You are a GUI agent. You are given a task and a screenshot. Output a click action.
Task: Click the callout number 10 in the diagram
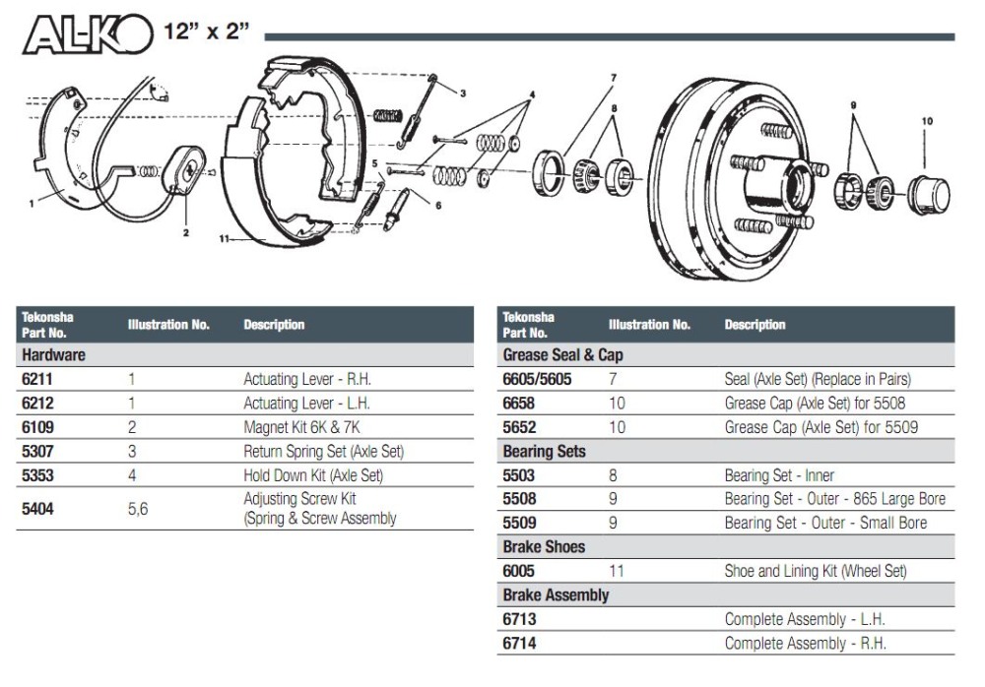click(927, 121)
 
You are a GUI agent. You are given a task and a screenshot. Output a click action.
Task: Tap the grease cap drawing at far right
click(927, 195)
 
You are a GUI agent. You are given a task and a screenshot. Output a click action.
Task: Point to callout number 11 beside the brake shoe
click(224, 238)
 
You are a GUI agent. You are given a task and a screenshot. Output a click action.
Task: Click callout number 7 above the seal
click(613, 78)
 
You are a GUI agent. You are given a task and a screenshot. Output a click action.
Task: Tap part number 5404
click(36, 509)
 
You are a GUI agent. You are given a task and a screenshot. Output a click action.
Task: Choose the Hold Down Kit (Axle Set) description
click(313, 475)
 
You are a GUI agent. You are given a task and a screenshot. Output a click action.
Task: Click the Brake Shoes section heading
click(544, 546)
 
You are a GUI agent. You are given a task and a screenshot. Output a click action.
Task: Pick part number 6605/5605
click(537, 379)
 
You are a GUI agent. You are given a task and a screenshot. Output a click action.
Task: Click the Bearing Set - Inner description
click(779, 475)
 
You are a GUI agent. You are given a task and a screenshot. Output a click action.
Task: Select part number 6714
click(519, 643)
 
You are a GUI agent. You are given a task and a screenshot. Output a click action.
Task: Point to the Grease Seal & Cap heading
click(562, 354)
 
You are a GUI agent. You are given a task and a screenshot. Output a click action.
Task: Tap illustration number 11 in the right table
click(617, 571)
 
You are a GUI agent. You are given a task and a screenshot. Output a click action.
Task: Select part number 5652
click(519, 427)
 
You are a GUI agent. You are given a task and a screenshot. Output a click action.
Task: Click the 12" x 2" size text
click(207, 31)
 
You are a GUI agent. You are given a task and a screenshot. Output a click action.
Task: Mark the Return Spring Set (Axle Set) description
click(324, 452)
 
